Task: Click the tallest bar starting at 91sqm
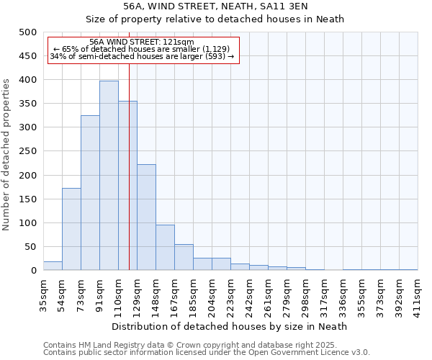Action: [x=109, y=176]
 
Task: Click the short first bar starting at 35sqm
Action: [x=53, y=266]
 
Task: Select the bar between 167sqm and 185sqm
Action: [x=184, y=258]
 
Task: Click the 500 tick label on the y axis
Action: [x=27, y=32]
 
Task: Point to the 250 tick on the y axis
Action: [x=27, y=151]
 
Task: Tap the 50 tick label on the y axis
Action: [x=30, y=247]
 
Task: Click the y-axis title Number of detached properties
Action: [x=6, y=151]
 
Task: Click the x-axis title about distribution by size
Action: [x=230, y=326]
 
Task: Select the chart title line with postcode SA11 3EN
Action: [x=216, y=6]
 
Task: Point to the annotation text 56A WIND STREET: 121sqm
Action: [x=142, y=42]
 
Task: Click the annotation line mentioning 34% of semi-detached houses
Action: [x=142, y=56]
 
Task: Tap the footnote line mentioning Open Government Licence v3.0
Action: [x=207, y=352]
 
